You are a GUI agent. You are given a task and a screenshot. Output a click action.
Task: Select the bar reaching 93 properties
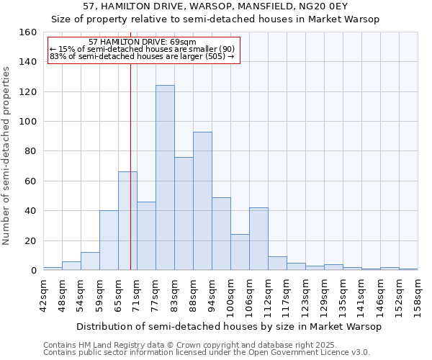[202, 201]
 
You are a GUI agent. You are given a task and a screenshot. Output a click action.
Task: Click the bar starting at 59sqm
[109, 240]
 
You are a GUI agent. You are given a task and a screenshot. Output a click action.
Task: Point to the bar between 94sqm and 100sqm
[221, 234]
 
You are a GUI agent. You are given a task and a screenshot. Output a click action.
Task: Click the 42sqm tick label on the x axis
[43, 294]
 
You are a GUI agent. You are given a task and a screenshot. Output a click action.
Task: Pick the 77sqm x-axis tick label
[156, 294]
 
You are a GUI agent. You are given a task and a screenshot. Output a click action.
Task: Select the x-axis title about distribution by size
[228, 327]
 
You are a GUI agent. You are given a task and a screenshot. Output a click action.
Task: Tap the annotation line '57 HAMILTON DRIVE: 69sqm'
[142, 42]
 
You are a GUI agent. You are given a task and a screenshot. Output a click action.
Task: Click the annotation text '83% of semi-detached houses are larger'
[142, 56]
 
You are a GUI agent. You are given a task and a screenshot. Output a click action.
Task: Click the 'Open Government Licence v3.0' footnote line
[207, 353]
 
